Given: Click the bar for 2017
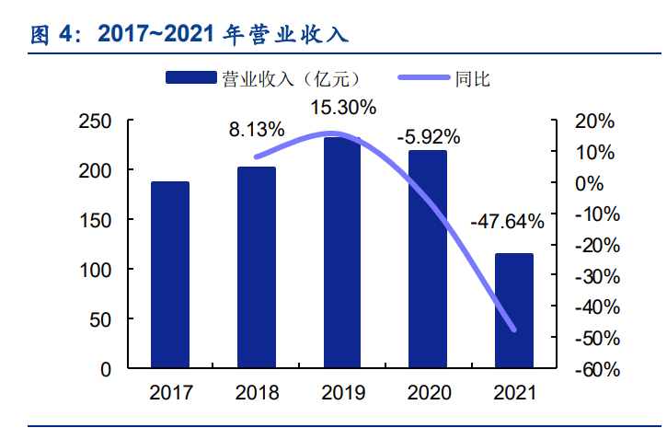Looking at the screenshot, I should coord(170,275).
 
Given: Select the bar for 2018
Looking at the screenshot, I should coord(257,268).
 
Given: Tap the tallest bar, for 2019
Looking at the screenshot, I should coord(342,253).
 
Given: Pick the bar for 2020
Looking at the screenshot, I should coord(428,260).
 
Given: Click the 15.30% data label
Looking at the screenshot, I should coord(343,108).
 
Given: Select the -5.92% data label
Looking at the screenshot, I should coord(428,137).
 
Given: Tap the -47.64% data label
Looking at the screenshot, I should coord(507,221).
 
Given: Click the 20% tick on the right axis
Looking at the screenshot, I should coord(593,121).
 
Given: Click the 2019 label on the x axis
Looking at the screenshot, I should coord(342,393).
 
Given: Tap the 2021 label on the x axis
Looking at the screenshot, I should coord(514,393).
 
